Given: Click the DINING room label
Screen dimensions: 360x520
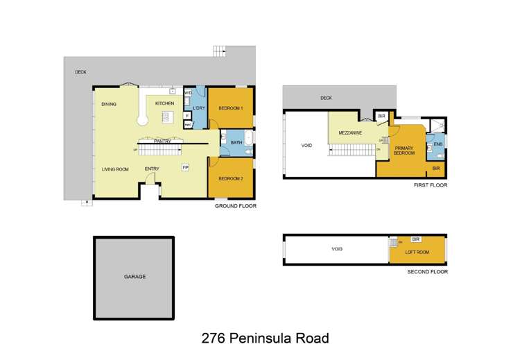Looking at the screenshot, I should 108,104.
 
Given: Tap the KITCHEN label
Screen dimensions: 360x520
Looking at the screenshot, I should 164,103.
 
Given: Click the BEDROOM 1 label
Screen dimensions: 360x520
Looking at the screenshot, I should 229,108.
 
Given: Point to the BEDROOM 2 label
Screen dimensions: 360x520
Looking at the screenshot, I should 229,178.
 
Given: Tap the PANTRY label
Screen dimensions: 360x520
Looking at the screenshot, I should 163,142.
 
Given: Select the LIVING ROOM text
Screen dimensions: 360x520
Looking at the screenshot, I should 116,169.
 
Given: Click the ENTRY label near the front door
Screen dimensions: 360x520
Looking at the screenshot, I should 153,169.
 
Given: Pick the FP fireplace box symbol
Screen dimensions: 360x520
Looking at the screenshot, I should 185,167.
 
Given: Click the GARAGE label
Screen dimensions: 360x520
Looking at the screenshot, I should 135,277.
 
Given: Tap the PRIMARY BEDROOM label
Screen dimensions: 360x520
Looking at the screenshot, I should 404,151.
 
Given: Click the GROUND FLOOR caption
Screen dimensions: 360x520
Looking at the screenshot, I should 236,207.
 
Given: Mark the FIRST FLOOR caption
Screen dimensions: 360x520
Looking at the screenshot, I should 431,186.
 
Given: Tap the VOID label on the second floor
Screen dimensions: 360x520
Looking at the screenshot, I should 337,249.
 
